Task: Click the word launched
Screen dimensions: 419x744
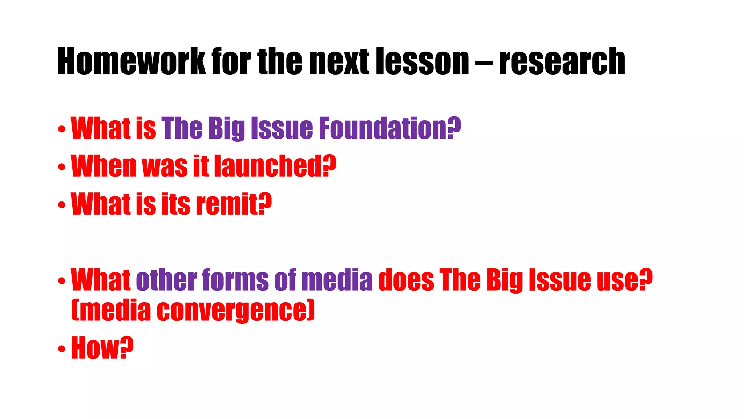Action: (268, 166)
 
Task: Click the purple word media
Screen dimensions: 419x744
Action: (337, 280)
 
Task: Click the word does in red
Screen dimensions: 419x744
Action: (406, 280)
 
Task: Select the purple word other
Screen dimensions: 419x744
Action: (166, 280)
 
